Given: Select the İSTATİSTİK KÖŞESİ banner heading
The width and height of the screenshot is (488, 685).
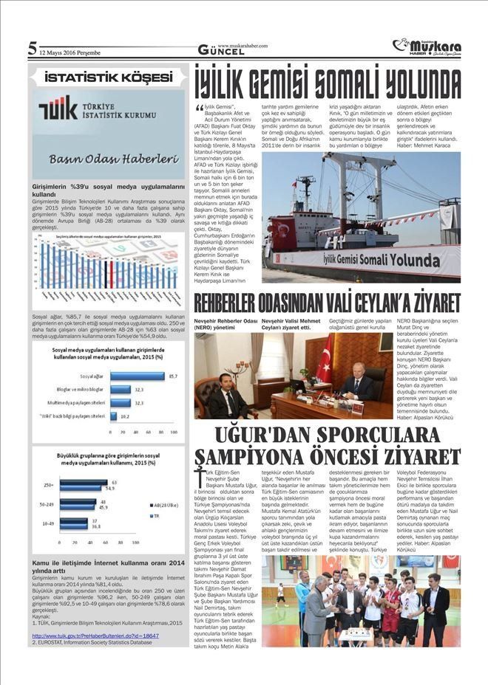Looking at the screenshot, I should pos(108,77).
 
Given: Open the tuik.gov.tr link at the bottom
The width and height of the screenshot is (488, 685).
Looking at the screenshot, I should pos(95,635).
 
